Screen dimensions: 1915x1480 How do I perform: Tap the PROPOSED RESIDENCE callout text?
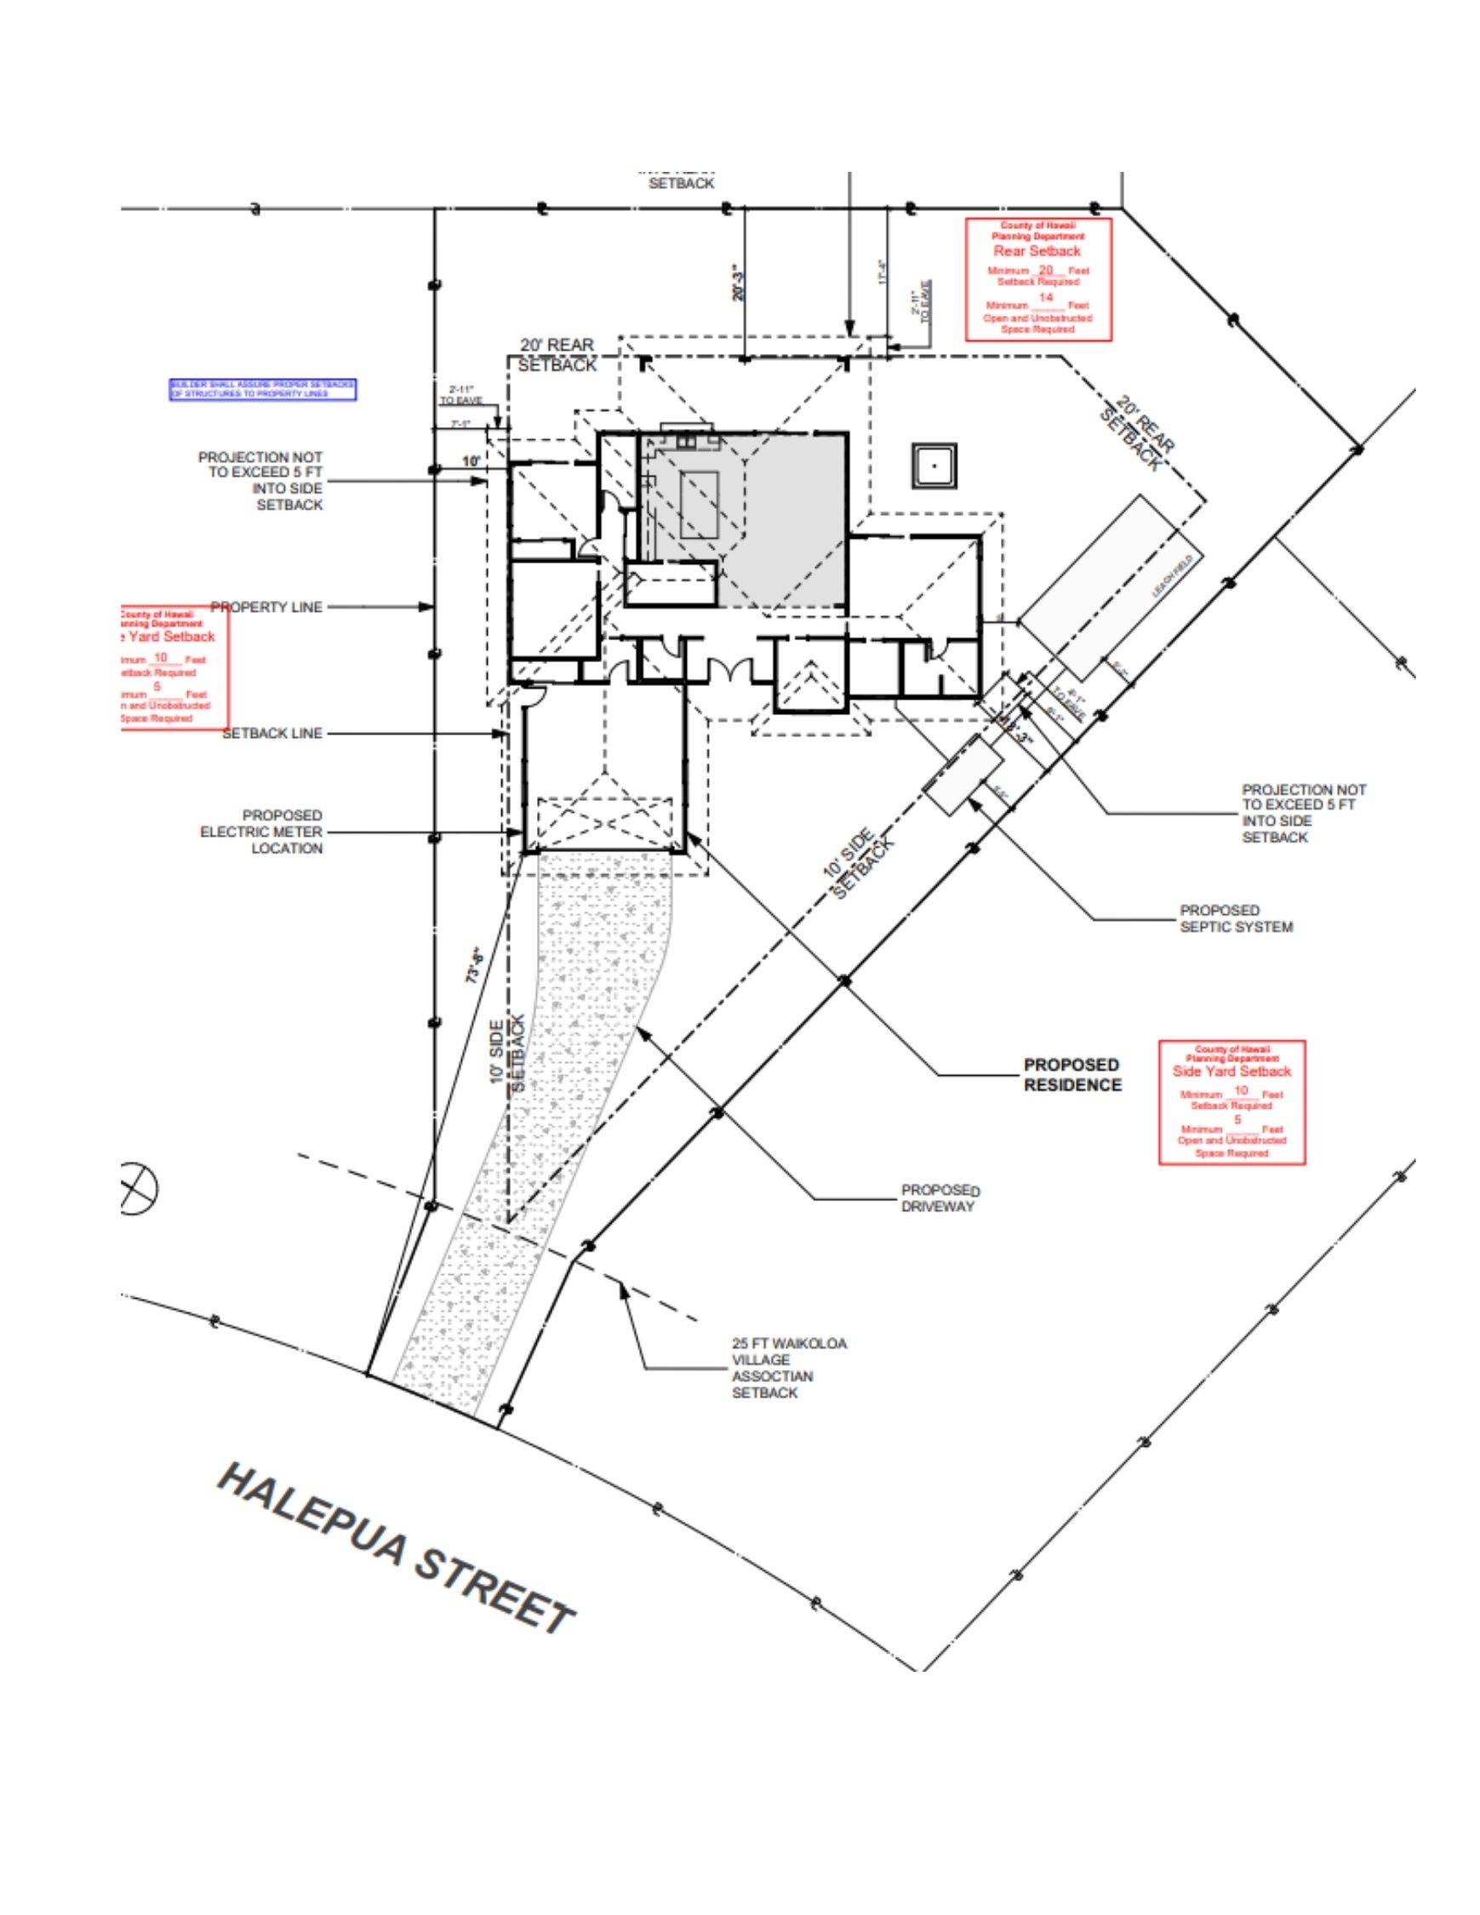[x=1072, y=1074]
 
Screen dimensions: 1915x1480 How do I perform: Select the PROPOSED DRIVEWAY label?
[x=940, y=1198]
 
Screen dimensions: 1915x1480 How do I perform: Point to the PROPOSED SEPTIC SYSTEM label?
[x=1237, y=918]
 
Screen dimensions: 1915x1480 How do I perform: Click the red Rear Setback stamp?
[x=1038, y=279]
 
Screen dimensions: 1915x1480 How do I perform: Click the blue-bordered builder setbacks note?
[x=263, y=389]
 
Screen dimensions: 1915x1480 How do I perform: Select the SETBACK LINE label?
[x=271, y=733]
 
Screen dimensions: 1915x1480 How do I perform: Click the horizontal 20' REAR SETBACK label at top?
[x=557, y=355]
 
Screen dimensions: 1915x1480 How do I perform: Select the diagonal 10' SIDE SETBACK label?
[x=859, y=864]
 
